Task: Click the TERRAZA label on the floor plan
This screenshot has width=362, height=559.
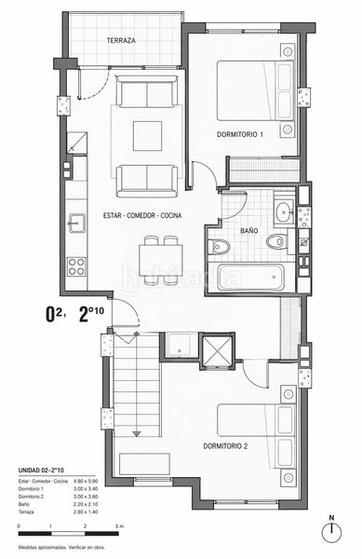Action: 122,42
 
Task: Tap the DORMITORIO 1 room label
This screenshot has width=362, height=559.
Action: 240,134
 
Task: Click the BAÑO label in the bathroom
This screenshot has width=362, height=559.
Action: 248,229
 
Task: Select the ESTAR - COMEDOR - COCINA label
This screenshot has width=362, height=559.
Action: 142,216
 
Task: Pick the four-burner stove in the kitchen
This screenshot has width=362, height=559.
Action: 75,266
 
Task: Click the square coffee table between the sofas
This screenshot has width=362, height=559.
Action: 147,135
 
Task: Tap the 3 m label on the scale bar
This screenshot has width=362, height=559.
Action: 120,527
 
